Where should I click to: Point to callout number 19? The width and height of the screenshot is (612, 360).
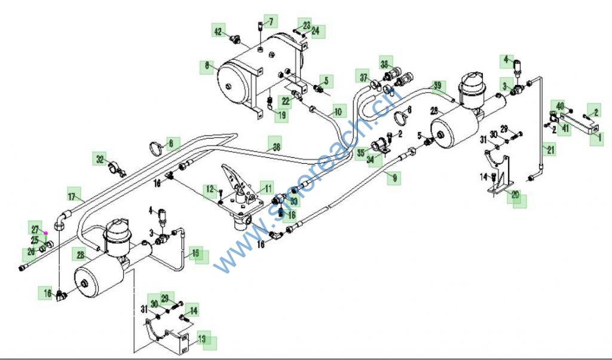[x=280, y=115]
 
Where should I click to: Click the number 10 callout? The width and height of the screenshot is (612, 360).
[x=338, y=111]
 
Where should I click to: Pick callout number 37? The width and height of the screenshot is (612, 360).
[x=363, y=77]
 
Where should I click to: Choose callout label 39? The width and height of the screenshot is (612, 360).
[x=438, y=87]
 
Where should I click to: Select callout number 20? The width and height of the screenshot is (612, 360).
[x=515, y=194]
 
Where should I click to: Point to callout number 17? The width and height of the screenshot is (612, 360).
[x=74, y=196]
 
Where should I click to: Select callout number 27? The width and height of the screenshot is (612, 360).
[x=35, y=229]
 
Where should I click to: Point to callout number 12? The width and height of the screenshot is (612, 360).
[x=210, y=190]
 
